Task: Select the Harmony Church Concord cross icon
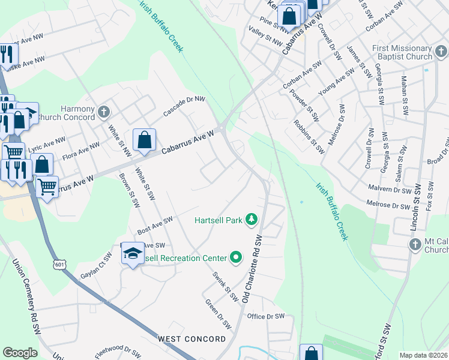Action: pos(104,111)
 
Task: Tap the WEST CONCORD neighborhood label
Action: pos(192,339)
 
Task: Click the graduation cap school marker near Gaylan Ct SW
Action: pos(133,254)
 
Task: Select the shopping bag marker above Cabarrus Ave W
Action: pos(144,141)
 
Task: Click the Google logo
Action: pos(20,353)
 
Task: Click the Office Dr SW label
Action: pos(265,316)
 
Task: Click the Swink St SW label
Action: pos(225,286)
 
